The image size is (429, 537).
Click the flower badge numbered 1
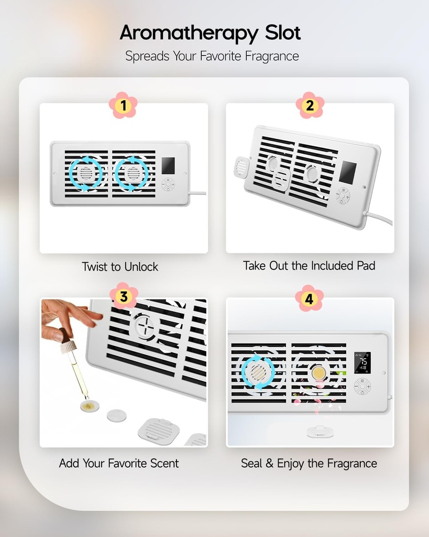click(123, 106)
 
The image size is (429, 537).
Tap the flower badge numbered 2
click(310, 106)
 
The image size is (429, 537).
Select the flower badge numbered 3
click(123, 297)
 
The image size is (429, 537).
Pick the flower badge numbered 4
click(309, 299)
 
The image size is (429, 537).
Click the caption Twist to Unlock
click(120, 266)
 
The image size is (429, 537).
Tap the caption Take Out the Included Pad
click(309, 265)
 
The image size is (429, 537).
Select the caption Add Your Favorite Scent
click(119, 463)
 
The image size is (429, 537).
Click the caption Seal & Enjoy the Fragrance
click(309, 463)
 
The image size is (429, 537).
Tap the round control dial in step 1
click(169, 184)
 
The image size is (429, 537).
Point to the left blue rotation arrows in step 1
click(85, 173)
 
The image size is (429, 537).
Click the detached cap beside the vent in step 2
click(240, 168)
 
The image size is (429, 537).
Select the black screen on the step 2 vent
click(347, 173)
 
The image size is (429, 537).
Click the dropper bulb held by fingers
click(63, 335)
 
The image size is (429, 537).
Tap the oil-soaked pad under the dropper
click(90, 405)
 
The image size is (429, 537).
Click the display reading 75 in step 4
click(362, 362)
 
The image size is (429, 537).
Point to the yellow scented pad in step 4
click(318, 373)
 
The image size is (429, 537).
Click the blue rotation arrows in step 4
click(257, 372)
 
